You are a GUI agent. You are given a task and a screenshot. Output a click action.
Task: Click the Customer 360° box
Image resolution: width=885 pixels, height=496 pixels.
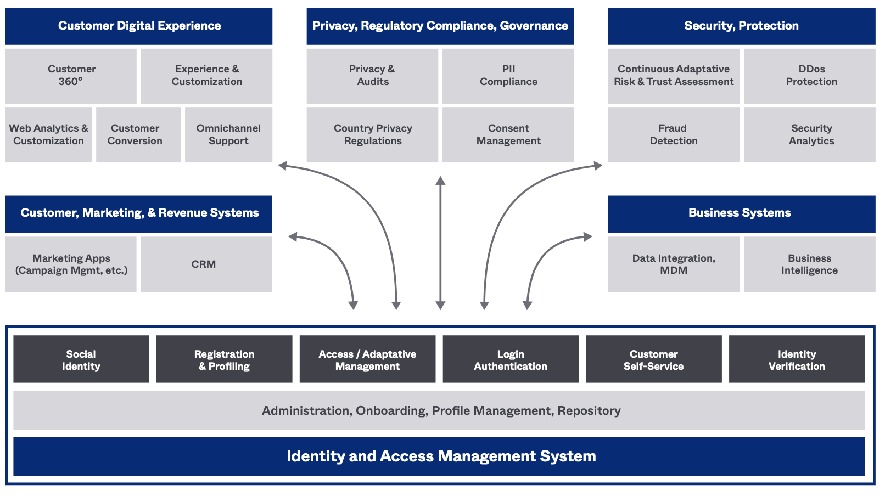coord(71,76)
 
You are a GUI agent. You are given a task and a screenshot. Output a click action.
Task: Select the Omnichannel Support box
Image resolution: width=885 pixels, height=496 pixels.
coord(228,134)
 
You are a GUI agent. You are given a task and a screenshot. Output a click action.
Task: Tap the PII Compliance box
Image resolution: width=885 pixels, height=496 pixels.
coord(508,76)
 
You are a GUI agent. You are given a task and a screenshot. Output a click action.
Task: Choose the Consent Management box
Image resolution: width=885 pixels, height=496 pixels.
coord(508,134)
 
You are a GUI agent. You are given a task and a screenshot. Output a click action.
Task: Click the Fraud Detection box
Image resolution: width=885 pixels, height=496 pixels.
coord(674,134)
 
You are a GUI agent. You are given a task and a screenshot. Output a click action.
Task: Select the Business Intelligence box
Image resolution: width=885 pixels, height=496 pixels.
coord(809,264)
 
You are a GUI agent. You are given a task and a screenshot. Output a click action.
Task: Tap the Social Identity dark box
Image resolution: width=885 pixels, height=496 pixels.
coord(81,359)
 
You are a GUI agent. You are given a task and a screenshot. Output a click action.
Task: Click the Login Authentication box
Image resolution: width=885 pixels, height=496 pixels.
coord(511,359)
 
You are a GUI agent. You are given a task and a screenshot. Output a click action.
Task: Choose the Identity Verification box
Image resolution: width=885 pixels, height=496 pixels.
coord(797,359)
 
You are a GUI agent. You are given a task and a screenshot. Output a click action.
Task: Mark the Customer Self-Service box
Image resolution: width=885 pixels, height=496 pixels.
coord(653,359)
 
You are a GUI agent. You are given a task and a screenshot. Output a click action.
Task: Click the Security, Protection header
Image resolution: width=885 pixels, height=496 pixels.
coord(741,26)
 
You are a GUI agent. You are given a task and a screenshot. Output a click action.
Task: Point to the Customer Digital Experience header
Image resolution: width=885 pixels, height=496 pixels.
coord(139,26)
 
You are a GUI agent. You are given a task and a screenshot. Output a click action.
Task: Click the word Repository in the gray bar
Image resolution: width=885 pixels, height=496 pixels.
coord(589,411)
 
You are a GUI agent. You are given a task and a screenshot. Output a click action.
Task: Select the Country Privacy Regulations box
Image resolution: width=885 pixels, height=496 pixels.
coord(372,134)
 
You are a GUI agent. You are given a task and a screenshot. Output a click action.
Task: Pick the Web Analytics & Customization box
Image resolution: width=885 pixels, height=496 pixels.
coord(49,134)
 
